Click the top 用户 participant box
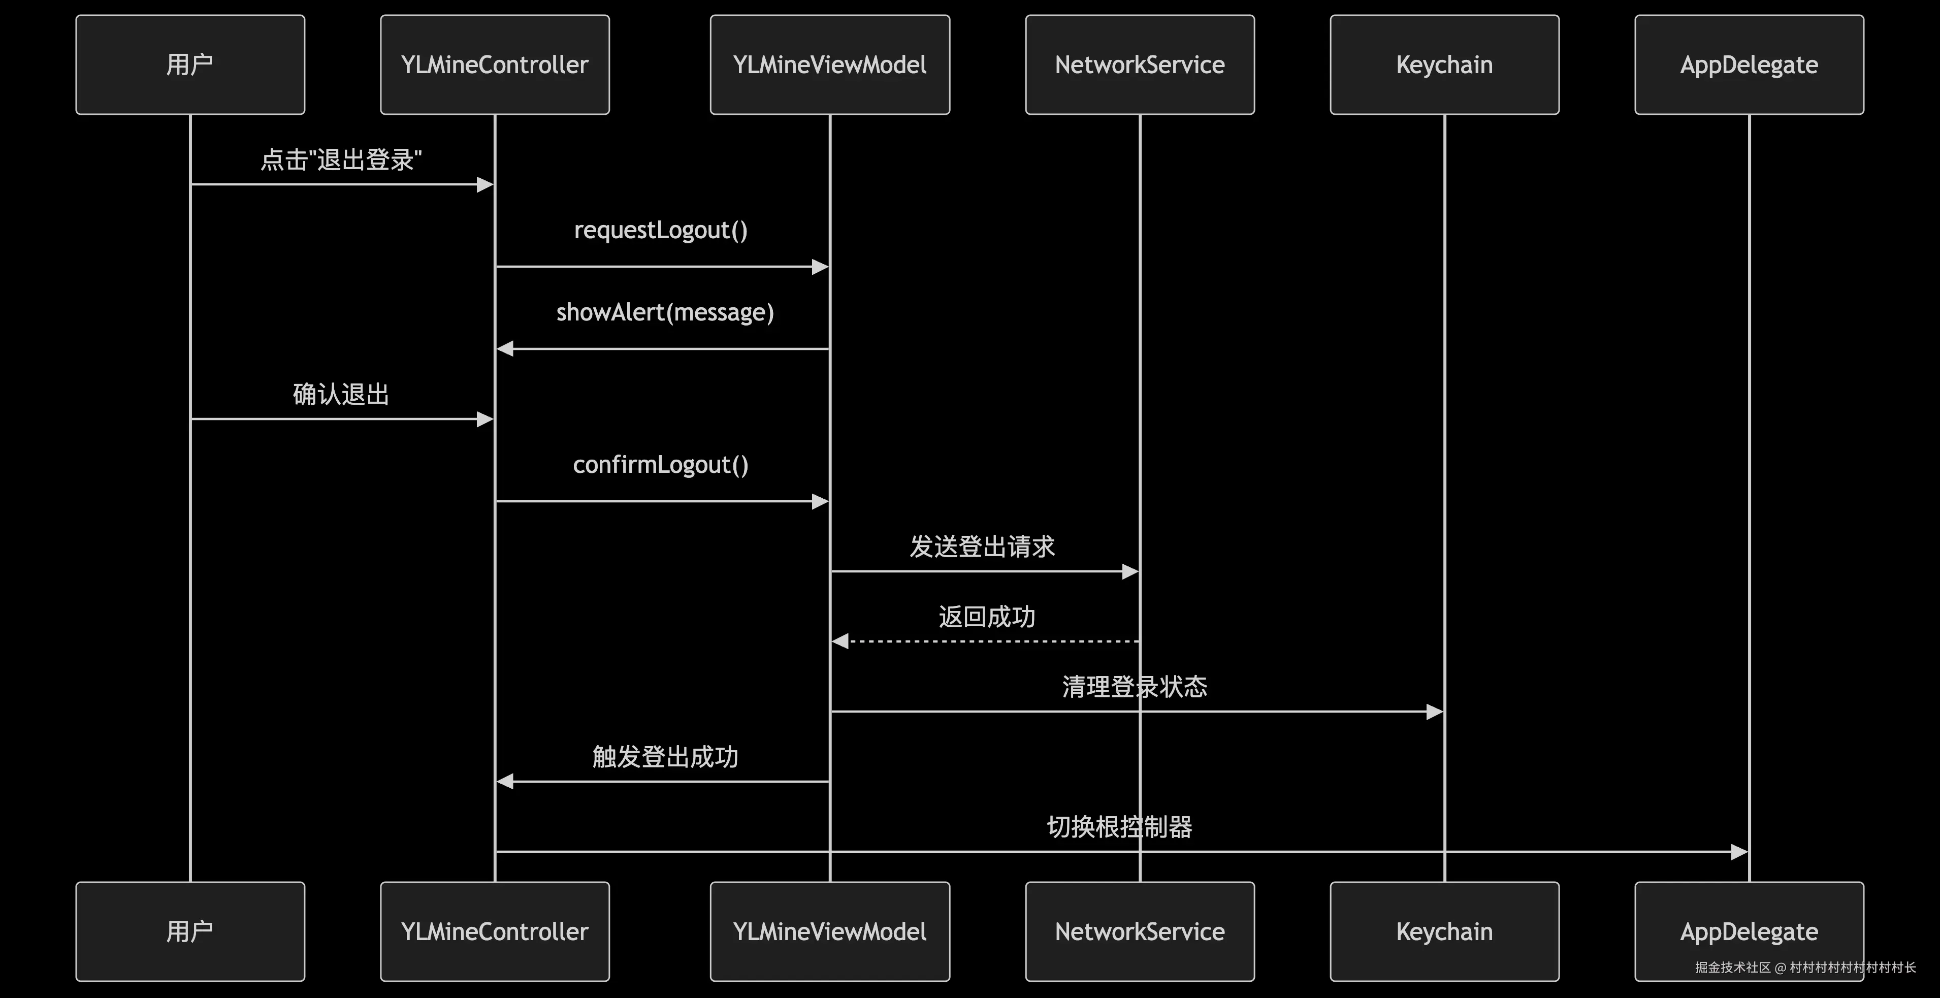[190, 65]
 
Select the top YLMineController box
[495, 65]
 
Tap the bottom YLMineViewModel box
[830, 931]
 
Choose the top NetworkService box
[1140, 65]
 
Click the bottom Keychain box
[1444, 931]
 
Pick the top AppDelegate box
[1749, 65]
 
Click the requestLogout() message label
[661, 230]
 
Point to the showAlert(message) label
[665, 312]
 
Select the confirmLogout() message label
[661, 465]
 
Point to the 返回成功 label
[987, 617]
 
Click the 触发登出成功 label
[665, 757]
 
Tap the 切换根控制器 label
[1119, 827]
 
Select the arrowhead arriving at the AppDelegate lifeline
[1739, 852]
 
